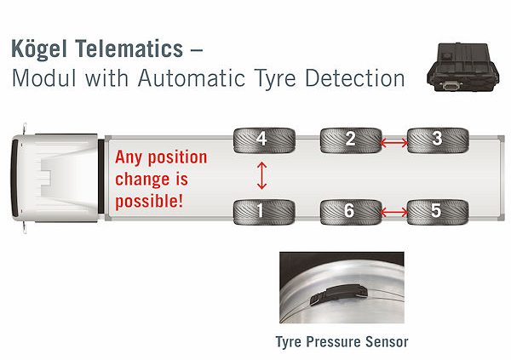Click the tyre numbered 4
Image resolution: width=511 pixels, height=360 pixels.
(262, 139)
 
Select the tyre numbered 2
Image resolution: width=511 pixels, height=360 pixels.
(349, 139)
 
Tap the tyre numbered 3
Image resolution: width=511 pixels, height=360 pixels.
(436, 139)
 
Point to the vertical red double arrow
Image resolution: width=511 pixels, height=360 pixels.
(262, 176)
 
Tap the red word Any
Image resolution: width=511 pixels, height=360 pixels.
(130, 158)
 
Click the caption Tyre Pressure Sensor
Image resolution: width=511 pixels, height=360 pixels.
(342, 342)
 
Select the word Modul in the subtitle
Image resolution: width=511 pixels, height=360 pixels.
(42, 79)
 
